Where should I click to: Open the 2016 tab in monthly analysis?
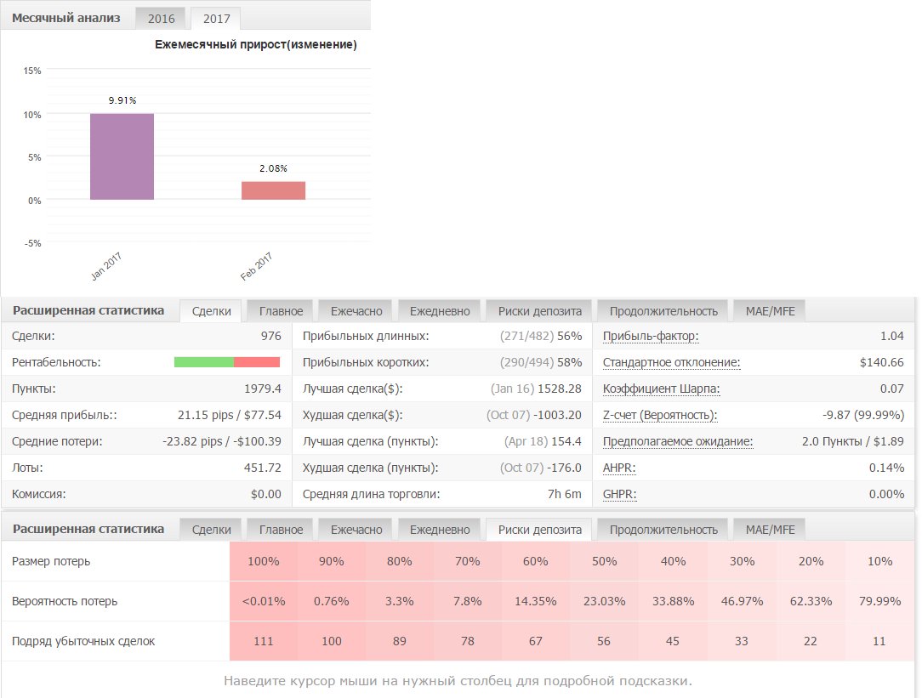(161, 18)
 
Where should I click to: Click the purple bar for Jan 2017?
(122, 157)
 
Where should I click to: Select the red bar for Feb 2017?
(273, 190)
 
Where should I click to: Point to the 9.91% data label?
(122, 100)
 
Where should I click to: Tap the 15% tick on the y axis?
(32, 71)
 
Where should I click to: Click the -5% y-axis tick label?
(33, 243)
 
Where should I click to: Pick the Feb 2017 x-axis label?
(256, 266)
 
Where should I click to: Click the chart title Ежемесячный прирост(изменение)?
(256, 45)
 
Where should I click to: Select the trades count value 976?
(271, 336)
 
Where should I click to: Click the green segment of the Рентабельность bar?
(204, 362)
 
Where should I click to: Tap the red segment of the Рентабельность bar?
(257, 362)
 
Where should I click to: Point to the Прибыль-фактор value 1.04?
(892, 336)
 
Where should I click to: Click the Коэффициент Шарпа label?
(662, 389)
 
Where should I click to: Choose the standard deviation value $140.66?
(881, 362)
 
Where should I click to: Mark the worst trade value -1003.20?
(557, 416)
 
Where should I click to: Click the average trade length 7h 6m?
(565, 494)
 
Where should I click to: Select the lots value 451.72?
(263, 468)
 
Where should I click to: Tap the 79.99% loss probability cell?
(879, 601)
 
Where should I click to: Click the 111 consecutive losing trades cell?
(264, 641)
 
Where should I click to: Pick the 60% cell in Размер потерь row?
(535, 561)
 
